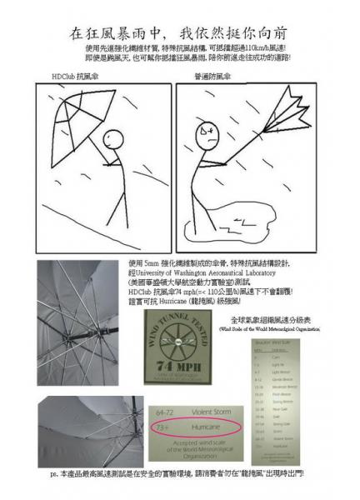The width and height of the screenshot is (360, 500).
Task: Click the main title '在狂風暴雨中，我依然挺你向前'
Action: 179,33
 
